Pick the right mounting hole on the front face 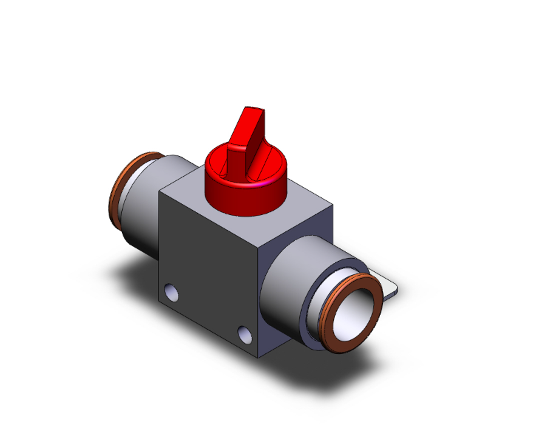click(245, 333)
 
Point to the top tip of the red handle click(251, 111)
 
